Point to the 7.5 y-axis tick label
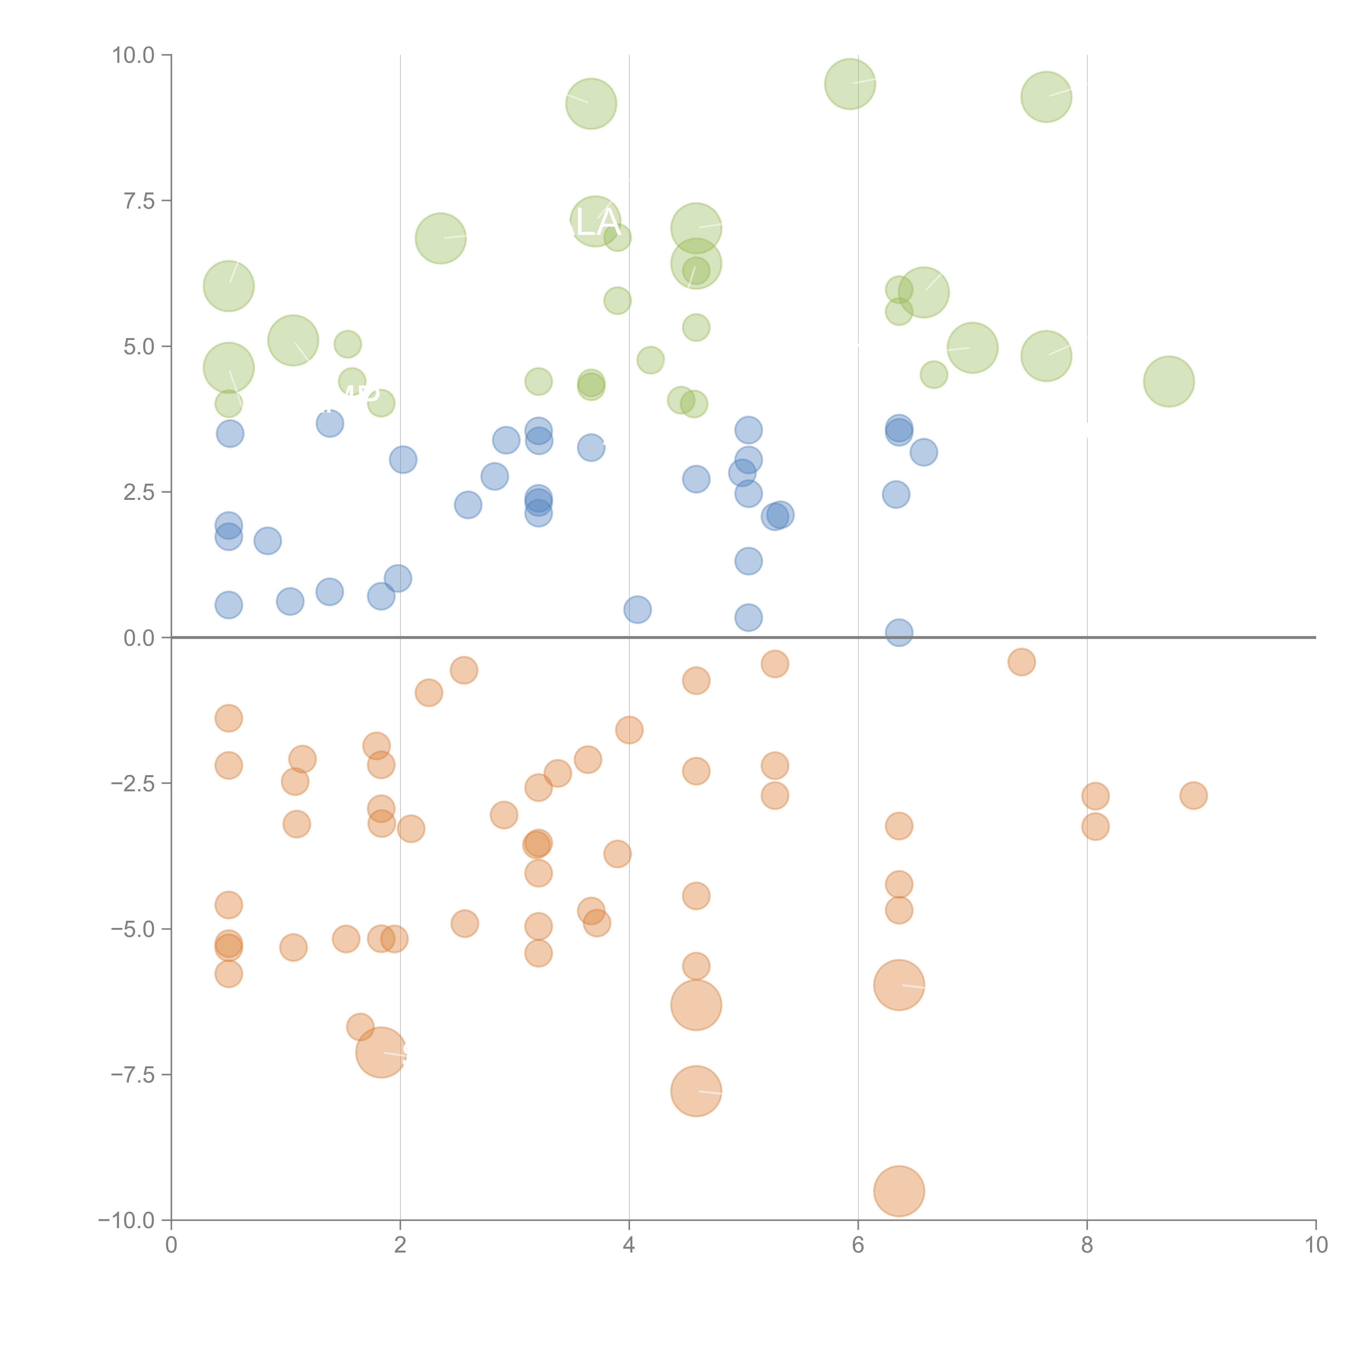pyautogui.click(x=139, y=201)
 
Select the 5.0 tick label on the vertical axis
pyautogui.click(x=139, y=346)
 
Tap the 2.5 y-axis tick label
pyautogui.click(x=139, y=492)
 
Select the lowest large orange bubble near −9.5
pyautogui.click(x=899, y=1191)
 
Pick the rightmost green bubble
pyautogui.click(x=1169, y=382)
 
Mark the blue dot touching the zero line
pyautogui.click(x=899, y=632)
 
